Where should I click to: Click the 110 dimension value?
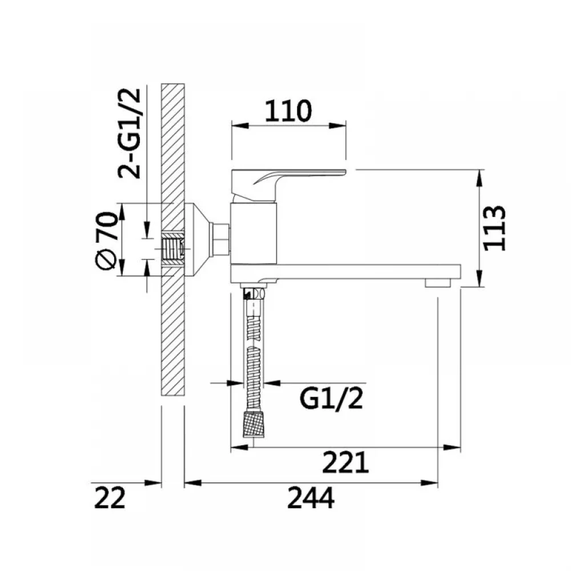coord(288,111)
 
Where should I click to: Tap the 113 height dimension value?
coord(494,228)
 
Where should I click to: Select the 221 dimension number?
coord(345,462)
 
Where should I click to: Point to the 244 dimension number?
coord(311,498)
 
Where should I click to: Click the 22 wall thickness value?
coord(110,498)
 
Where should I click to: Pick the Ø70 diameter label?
coord(106,241)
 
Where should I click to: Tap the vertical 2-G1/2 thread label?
coord(129,133)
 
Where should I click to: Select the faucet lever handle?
coord(288,184)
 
